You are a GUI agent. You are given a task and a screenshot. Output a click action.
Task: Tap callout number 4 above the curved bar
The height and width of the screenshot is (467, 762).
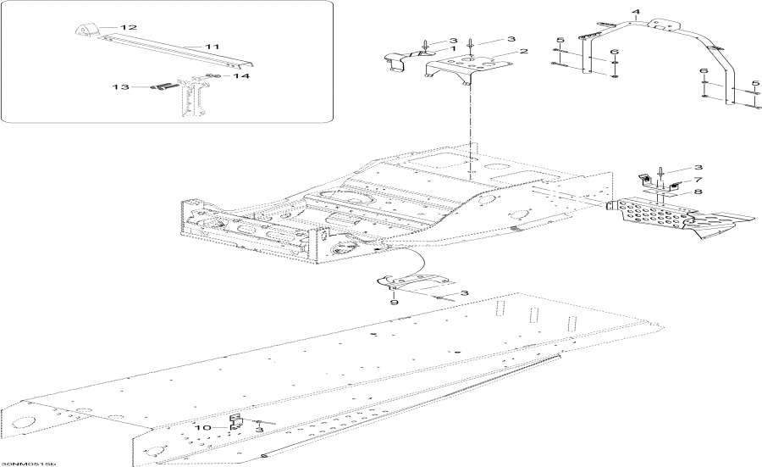coord(637,11)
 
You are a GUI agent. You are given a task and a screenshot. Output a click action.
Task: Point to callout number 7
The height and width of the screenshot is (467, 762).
coord(699,181)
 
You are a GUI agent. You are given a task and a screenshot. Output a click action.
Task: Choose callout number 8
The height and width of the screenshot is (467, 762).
coord(699,192)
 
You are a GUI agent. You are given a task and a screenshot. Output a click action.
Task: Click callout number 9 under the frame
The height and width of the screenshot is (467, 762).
coord(393,302)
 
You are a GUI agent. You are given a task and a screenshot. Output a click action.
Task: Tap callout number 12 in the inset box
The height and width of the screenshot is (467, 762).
coord(129,28)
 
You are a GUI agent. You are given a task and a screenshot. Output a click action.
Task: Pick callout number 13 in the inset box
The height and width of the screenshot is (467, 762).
coord(122,86)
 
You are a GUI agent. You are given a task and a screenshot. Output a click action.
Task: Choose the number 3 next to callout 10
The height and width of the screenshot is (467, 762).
coord(259,431)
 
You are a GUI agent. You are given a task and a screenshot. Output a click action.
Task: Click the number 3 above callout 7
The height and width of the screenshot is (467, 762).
coord(699,169)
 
